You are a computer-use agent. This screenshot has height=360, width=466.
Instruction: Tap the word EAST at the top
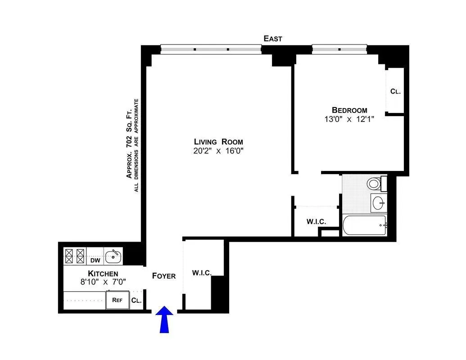click(273, 39)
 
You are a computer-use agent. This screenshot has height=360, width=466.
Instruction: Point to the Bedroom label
click(349, 110)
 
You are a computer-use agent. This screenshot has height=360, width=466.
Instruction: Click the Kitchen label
click(103, 274)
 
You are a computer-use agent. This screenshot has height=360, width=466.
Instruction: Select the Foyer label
click(163, 276)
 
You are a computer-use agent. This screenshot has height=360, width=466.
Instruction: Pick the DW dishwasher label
click(95, 260)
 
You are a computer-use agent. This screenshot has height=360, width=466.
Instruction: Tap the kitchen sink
click(113, 256)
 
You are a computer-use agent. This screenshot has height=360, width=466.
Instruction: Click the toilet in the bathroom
click(373, 184)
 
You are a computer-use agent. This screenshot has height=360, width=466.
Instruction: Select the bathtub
click(364, 225)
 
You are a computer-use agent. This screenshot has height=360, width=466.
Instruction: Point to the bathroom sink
click(378, 202)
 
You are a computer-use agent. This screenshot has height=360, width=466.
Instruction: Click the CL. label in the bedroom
click(395, 91)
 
